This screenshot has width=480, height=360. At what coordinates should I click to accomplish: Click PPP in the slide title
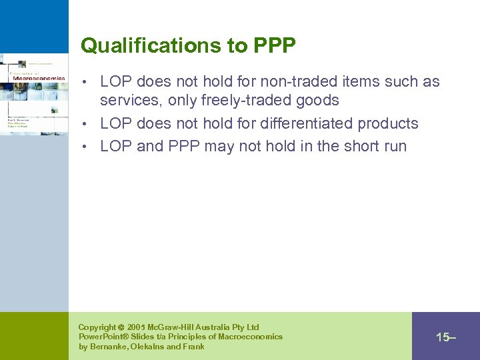coord(275,45)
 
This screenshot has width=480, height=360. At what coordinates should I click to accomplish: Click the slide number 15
coord(443,337)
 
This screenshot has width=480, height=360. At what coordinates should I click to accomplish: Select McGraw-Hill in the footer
coord(174,327)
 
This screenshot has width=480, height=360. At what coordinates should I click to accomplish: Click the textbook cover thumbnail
coord(33,93)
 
